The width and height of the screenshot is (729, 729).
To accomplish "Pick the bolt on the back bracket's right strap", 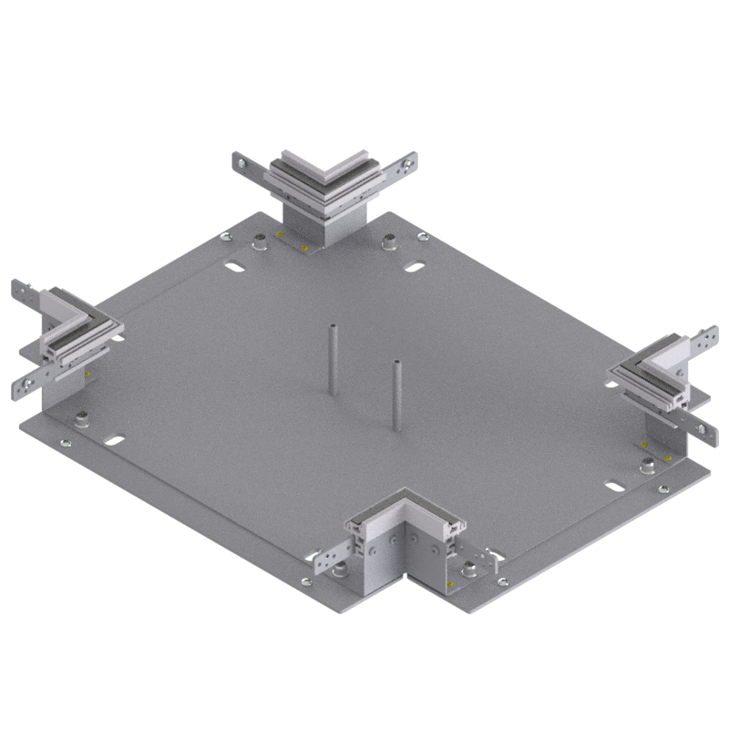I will click(406, 164).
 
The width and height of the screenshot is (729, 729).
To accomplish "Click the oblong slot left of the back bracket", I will click(234, 268).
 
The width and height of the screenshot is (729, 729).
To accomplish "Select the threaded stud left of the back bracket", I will click(259, 241).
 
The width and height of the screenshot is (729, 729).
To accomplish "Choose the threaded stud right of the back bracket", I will click(388, 241).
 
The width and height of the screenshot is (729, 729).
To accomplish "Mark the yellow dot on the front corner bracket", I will click(449, 579).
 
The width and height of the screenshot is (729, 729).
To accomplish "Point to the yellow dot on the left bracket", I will click(87, 374).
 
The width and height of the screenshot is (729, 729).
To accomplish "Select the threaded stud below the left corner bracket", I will click(82, 420).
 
